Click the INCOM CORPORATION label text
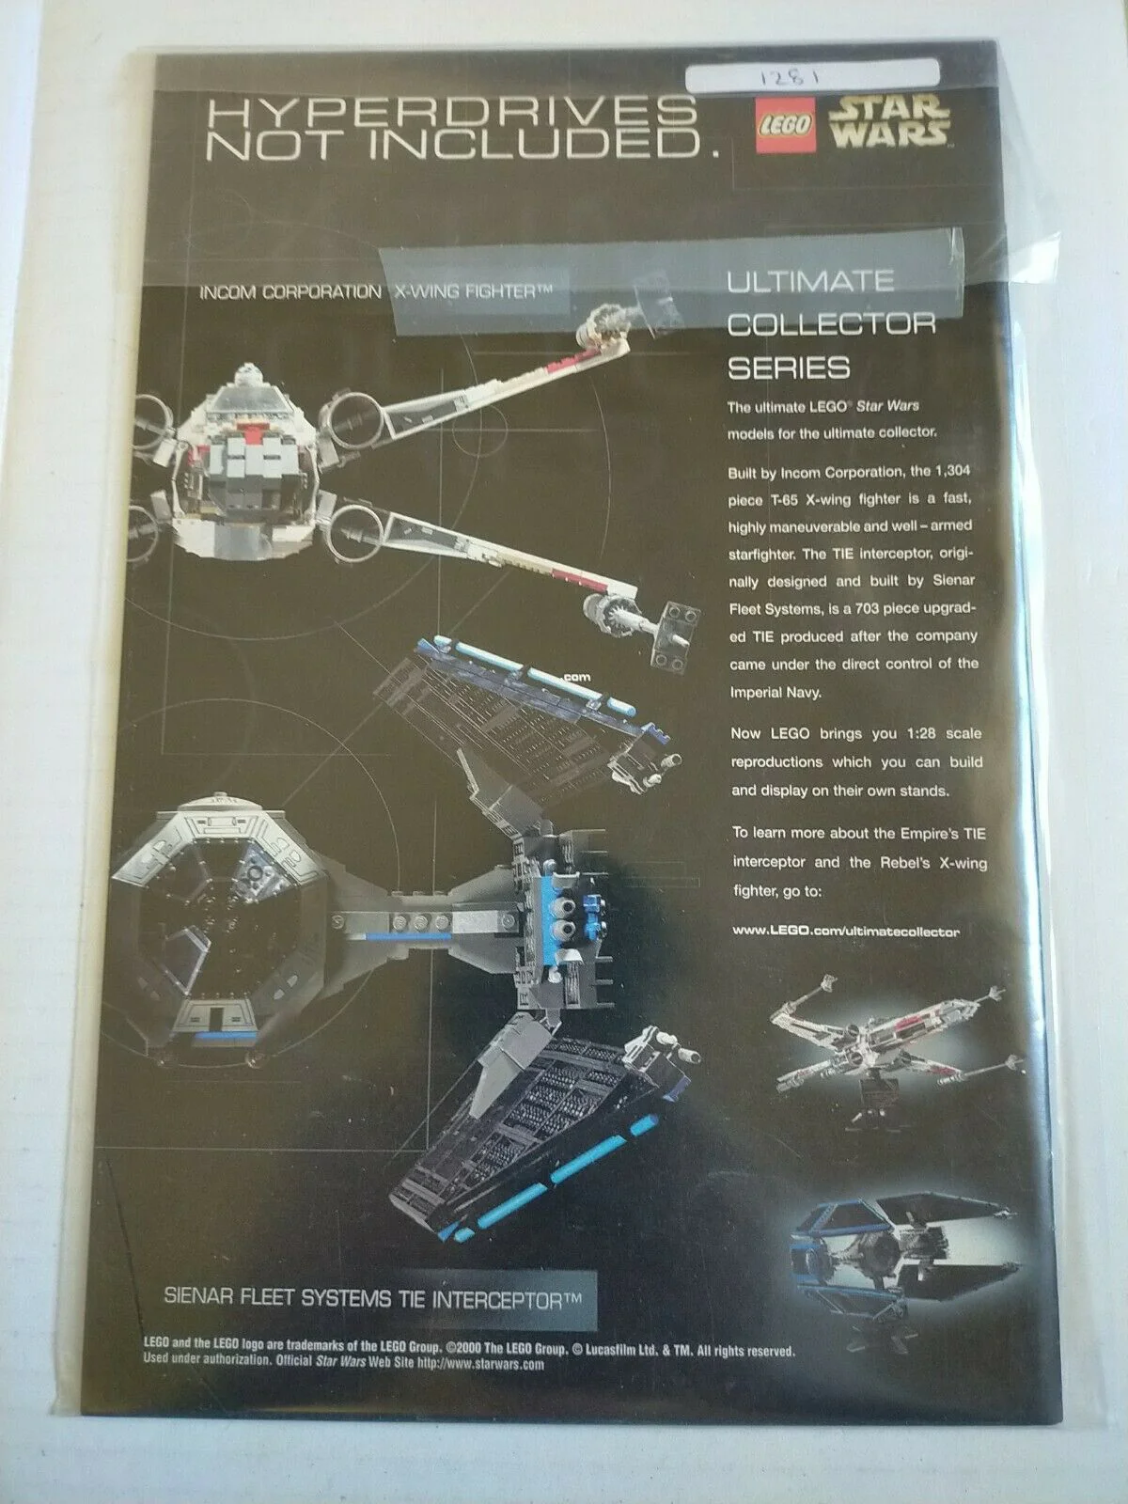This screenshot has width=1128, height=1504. (290, 292)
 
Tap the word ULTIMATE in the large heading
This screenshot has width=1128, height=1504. (810, 281)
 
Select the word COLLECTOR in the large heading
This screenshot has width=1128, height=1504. (831, 324)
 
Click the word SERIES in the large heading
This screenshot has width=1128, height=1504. (789, 368)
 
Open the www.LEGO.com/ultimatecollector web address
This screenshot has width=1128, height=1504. (846, 931)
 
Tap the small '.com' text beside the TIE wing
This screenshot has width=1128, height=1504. (576, 678)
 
